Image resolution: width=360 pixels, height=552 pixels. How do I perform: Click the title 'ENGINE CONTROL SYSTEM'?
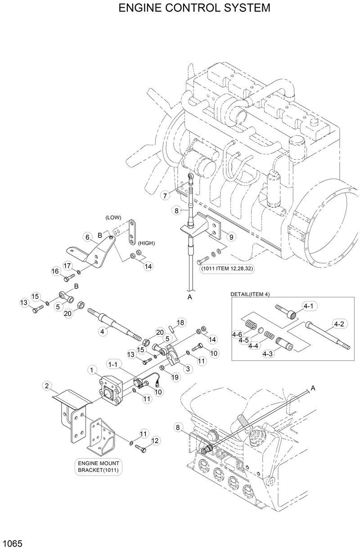point(194,8)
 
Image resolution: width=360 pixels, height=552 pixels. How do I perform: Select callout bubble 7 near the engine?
point(165,196)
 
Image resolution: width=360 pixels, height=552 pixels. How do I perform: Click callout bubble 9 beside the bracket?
point(229,236)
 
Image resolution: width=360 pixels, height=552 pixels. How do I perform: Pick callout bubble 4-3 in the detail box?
point(268,353)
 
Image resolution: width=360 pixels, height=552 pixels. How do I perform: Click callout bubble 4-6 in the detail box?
point(238,334)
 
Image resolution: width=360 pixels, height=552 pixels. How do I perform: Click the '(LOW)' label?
point(113,217)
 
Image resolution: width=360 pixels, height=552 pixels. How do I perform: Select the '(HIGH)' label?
point(146,243)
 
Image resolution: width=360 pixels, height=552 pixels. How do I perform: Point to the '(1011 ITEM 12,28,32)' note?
point(224,269)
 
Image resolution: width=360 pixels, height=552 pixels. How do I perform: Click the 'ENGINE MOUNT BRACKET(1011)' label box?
point(100,467)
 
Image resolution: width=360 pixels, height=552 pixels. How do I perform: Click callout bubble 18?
point(180,323)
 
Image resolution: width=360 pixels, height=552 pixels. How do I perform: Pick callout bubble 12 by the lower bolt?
point(155,440)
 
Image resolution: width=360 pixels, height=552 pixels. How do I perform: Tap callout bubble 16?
point(55,271)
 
